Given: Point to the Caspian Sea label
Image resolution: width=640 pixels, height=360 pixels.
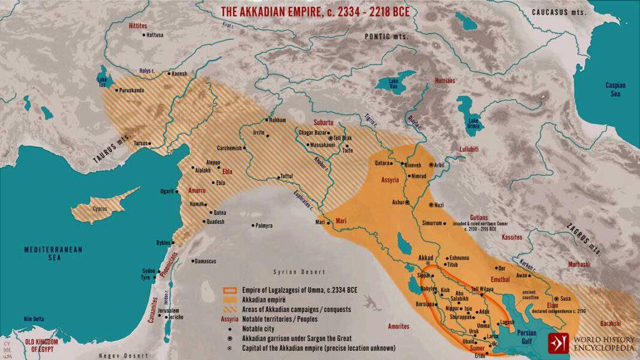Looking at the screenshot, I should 615,89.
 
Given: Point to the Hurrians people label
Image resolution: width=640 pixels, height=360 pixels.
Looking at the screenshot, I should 444,80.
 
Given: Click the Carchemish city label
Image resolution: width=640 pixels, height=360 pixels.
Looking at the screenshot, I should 231,147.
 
